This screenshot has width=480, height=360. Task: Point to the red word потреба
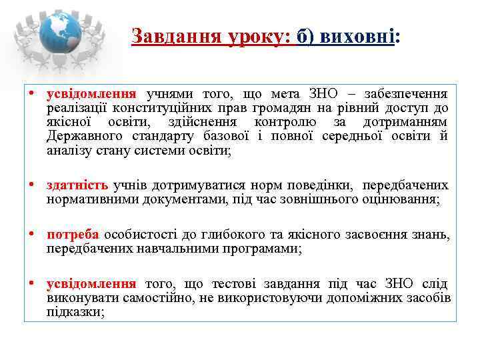click(73, 235)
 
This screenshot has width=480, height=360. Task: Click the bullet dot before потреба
click(31, 235)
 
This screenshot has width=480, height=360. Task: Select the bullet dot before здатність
click(31, 185)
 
